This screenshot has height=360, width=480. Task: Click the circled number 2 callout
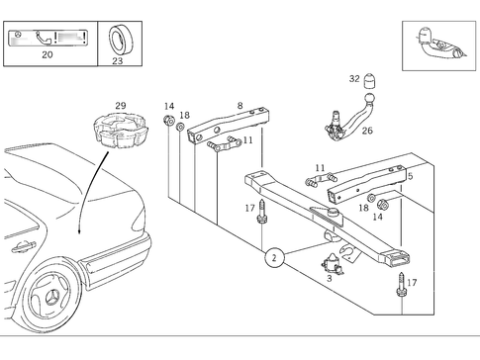(x=274, y=257)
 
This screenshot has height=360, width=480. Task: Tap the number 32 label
(x=354, y=79)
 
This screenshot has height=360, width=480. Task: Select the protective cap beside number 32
(x=370, y=81)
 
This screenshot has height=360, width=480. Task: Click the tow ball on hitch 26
(x=369, y=98)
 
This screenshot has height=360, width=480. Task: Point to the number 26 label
(x=367, y=131)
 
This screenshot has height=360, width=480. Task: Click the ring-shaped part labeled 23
(x=119, y=40)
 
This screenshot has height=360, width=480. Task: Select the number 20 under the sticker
(x=48, y=54)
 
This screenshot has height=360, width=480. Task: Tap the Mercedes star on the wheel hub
(x=51, y=298)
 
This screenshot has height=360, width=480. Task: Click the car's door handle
(x=23, y=246)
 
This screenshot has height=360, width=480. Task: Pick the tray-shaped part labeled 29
(x=121, y=130)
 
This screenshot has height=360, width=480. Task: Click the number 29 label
(x=121, y=106)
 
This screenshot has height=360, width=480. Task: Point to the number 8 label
(x=240, y=106)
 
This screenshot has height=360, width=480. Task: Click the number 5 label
(x=410, y=176)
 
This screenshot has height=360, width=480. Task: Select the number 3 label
(x=330, y=278)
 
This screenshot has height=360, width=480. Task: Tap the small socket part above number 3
(x=333, y=263)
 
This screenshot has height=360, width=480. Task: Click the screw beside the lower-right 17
(x=401, y=285)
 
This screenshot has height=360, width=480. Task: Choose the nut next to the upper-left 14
(x=169, y=120)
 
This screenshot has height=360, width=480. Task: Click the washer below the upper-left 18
(x=180, y=127)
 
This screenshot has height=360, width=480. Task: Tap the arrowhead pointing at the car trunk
(x=79, y=231)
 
